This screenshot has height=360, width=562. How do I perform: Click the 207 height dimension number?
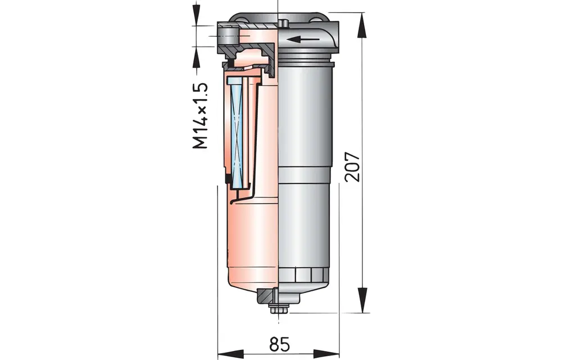[352, 166]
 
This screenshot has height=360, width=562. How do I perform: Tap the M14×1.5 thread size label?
[200, 115]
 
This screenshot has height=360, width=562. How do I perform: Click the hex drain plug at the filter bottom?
[279, 309]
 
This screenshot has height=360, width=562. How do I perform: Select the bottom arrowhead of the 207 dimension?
[363, 300]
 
